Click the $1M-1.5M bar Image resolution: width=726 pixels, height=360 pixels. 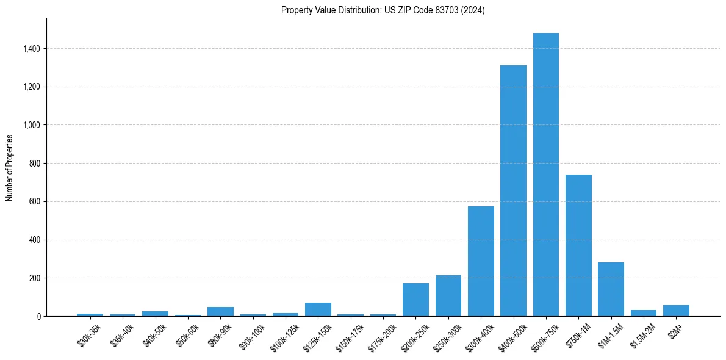pyautogui.click(x=611, y=289)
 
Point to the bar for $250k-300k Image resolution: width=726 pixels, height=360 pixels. pyautogui.click(x=448, y=296)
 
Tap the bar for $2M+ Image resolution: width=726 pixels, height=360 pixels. pyautogui.click(x=676, y=311)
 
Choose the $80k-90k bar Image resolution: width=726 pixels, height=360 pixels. pyautogui.click(x=220, y=312)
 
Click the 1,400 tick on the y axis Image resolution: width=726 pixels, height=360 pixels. pyautogui.click(x=32, y=49)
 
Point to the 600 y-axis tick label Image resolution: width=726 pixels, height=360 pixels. pyautogui.click(x=35, y=201)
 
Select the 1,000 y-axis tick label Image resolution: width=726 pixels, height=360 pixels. pyautogui.click(x=32, y=125)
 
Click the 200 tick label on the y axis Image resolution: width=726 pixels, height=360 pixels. pyautogui.click(x=35, y=278)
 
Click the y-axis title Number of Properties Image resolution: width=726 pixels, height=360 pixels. pyautogui.click(x=9, y=167)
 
